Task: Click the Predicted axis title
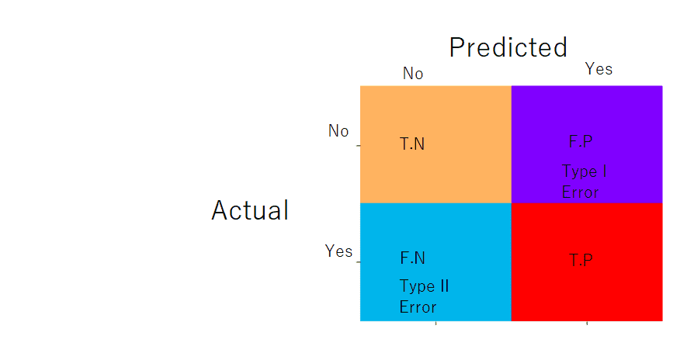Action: coord(508,47)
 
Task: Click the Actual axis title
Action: coord(250,210)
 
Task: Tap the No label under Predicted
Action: coord(413,73)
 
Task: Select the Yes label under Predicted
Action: coord(599,69)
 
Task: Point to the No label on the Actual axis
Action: coord(338,130)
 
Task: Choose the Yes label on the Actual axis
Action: coord(338,251)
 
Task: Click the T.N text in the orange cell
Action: coord(412,144)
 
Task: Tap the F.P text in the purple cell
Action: coord(581,141)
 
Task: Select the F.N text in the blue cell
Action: coord(412,258)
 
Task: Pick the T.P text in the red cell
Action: coord(581,260)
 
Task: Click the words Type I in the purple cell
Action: coord(584,171)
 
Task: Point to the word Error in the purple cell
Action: coord(580,192)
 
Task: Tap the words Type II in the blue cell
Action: coord(424,286)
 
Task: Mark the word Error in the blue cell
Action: coord(418,307)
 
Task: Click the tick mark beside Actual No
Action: coord(359,145)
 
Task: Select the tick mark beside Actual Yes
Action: coord(359,262)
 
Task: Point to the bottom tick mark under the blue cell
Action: coord(436,324)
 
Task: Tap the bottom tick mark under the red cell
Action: coord(587,324)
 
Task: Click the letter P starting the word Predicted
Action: coord(457,47)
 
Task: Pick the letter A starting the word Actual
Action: coord(220,210)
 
